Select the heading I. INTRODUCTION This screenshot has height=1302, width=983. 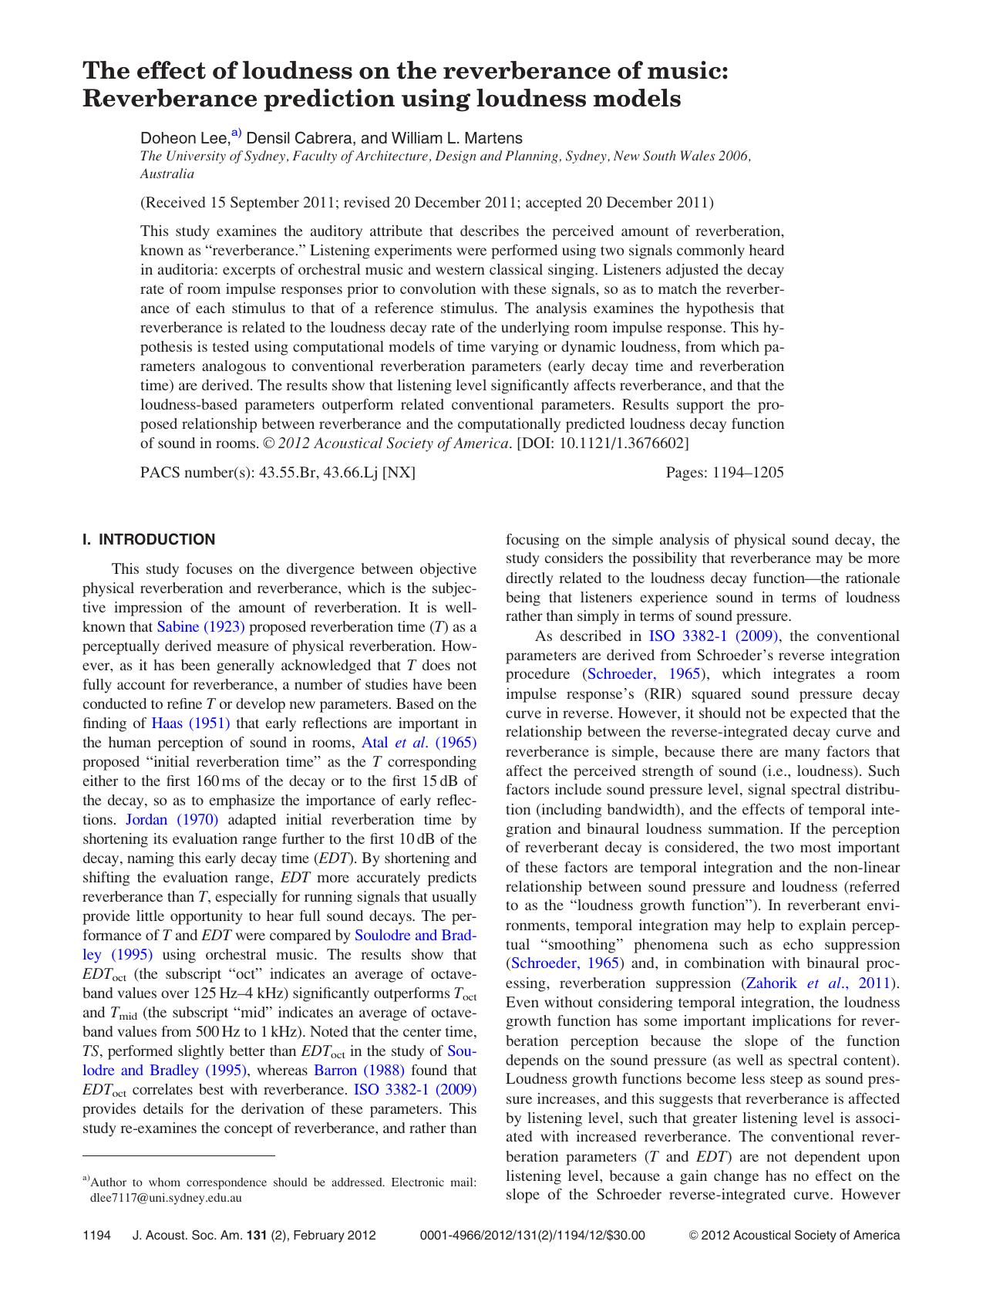[149, 540]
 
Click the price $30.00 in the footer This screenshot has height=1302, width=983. [627, 1236]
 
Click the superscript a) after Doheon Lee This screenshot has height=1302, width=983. [236, 133]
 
